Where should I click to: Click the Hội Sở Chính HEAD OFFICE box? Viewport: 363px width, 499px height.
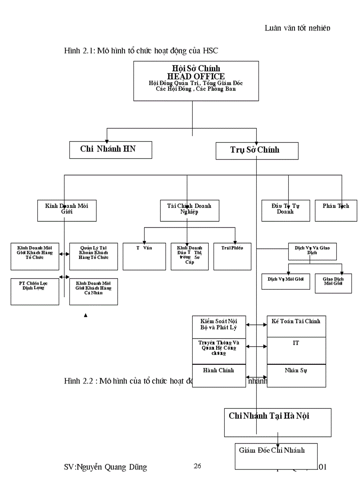(x=196, y=80)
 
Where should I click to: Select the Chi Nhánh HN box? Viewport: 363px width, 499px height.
(x=110, y=150)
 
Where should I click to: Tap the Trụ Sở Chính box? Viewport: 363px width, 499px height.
(x=257, y=151)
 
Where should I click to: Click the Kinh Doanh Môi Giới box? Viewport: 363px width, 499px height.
(x=67, y=210)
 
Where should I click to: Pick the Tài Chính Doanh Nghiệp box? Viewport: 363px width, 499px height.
(x=190, y=210)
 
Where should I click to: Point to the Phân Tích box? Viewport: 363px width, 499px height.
(x=336, y=210)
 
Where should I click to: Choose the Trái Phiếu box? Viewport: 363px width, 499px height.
(x=232, y=256)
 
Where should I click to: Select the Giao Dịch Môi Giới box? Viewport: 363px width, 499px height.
(x=333, y=283)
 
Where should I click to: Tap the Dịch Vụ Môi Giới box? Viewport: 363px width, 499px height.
(x=286, y=281)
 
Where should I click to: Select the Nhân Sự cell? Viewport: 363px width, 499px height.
(x=296, y=375)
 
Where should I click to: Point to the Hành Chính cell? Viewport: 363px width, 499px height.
(x=218, y=375)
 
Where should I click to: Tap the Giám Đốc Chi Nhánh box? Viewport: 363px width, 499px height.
(x=276, y=455)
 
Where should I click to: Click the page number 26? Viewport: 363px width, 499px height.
(x=198, y=466)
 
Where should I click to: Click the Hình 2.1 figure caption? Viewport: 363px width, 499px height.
(x=141, y=51)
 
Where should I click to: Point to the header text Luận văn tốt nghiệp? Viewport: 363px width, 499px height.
(x=297, y=28)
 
